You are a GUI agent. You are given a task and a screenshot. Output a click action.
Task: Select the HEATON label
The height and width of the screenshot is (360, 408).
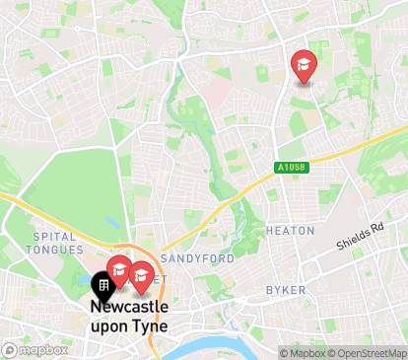(x=291, y=231)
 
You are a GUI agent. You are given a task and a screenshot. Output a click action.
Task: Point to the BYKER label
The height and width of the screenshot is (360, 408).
(x=286, y=290)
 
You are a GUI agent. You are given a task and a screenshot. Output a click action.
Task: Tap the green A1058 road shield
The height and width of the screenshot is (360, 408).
(x=293, y=168)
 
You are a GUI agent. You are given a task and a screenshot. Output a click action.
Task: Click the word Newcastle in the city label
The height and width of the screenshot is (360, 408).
(x=129, y=307)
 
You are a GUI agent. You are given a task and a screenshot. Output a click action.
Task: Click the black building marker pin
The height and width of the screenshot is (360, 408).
(x=102, y=285)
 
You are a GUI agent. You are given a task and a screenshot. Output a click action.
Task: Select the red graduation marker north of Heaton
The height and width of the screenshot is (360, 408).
(x=304, y=65)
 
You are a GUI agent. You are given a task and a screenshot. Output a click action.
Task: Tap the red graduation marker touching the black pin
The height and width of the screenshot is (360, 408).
(x=120, y=270)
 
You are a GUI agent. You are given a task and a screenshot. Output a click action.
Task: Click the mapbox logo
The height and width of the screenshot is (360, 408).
(x=35, y=349)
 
